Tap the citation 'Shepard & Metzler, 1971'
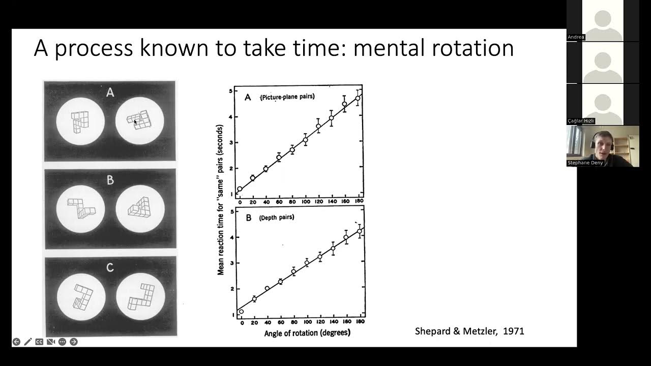point(469,331)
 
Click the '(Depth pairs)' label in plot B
point(277,218)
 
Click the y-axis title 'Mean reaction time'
point(221,203)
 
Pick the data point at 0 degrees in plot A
point(240,189)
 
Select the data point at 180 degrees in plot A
point(358,99)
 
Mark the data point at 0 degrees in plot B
point(241,312)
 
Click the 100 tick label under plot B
point(306,323)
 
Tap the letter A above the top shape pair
point(110,93)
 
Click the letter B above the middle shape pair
point(110,180)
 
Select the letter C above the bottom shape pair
point(110,268)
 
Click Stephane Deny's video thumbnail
point(603,146)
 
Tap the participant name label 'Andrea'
point(576,37)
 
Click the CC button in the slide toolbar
point(39,342)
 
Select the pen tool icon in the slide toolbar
point(27,342)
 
